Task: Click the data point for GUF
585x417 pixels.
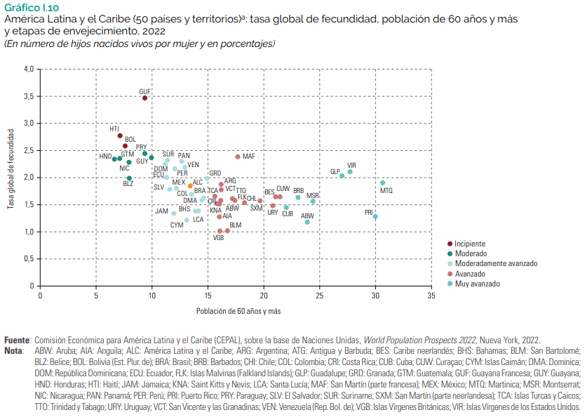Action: pos(144,98)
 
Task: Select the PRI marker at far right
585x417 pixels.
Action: pos(375,216)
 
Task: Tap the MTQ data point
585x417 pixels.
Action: pos(382,183)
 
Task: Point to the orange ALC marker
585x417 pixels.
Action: pos(190,186)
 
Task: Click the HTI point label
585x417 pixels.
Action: pos(114,129)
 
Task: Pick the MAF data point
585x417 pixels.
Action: pos(238,157)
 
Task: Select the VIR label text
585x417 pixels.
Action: pos(351,165)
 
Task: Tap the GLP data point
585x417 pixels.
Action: pos(342,176)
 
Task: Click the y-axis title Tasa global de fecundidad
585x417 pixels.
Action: pos(11,169)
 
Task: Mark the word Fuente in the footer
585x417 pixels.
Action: pos(17,339)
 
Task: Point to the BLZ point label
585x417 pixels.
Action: pos(128,184)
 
